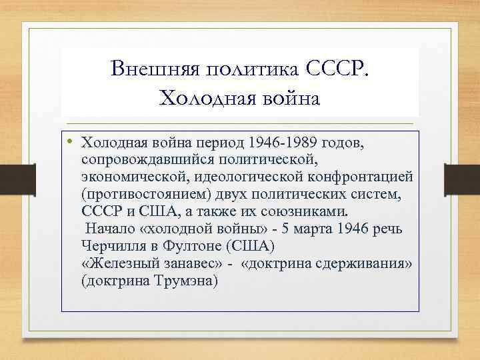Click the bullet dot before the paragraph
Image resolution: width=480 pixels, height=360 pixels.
pos(69,141)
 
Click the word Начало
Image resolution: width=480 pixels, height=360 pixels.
pos(110,229)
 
